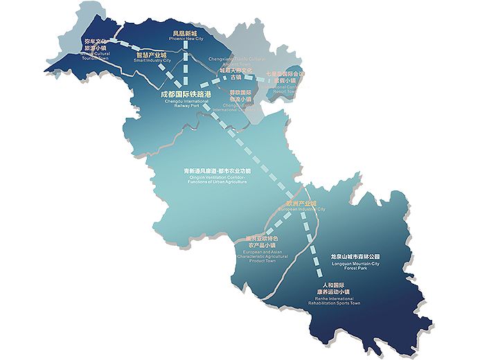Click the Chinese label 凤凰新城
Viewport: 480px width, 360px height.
[x=184, y=32]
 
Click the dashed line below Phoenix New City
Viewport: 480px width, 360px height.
[x=185, y=62]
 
